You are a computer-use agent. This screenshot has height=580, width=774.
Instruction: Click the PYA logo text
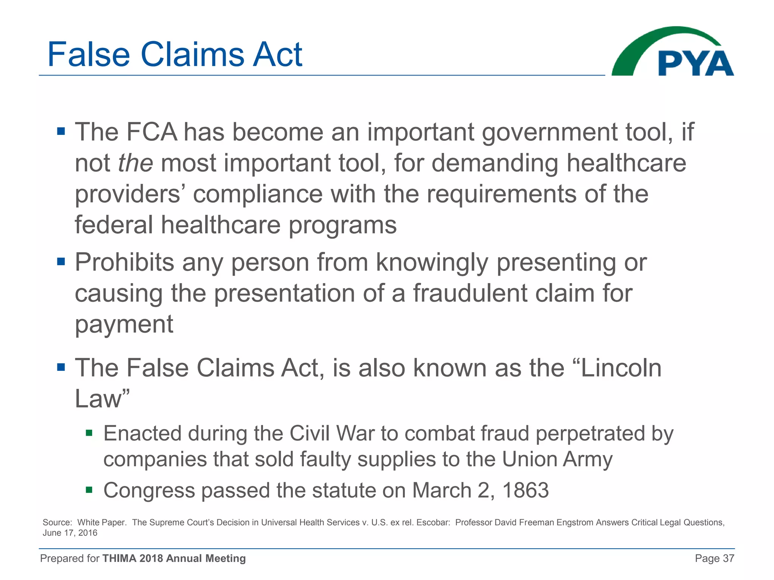(x=695, y=63)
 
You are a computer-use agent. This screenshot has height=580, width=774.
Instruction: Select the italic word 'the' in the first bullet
(x=135, y=163)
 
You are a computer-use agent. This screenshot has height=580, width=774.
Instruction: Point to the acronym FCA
(x=151, y=132)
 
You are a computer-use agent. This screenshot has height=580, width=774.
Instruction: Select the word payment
(x=124, y=325)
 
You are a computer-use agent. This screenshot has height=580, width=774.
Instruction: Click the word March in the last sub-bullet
(x=441, y=491)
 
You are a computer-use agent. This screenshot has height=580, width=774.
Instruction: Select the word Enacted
(x=142, y=433)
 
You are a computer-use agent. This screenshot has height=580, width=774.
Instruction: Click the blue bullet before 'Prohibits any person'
(x=61, y=261)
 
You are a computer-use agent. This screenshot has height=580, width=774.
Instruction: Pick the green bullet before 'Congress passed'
(x=89, y=490)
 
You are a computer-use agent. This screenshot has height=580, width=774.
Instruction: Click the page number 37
(x=728, y=558)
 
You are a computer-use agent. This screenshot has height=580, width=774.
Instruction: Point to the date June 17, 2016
(x=70, y=533)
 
